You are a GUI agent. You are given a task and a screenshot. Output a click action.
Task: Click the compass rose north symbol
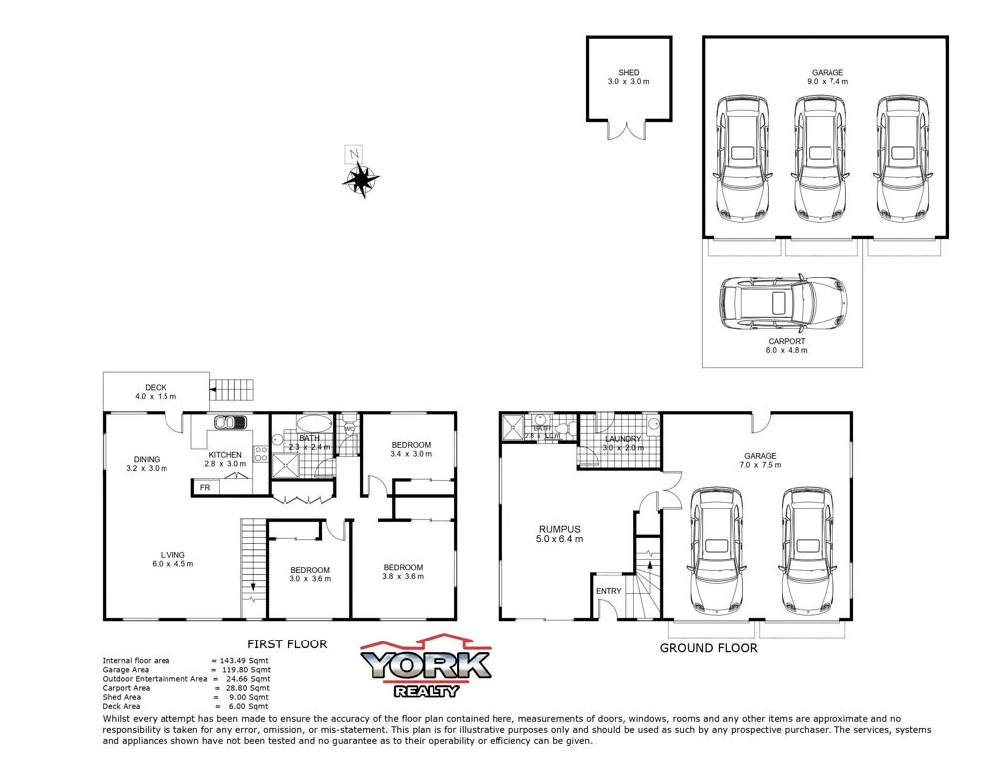[x=360, y=179]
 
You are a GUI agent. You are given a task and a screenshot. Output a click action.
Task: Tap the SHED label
[x=628, y=73]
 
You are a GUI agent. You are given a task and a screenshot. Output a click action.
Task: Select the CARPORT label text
[x=786, y=341]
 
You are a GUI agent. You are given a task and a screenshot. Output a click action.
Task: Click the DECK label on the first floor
[x=155, y=387]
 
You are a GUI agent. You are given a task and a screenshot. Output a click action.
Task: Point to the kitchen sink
[x=232, y=423]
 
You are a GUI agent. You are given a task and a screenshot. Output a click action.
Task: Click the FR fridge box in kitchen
[x=205, y=487]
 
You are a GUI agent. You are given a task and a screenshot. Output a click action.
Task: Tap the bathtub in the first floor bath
[x=309, y=422]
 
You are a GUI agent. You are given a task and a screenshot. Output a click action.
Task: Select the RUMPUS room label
[x=560, y=529]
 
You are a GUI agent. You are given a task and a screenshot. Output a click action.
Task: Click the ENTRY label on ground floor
[x=608, y=591]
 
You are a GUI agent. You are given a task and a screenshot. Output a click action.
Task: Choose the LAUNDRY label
[x=623, y=439]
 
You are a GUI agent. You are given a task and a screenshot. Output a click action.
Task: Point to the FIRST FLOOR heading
[x=286, y=644]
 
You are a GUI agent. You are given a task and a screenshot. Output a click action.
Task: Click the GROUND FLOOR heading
[x=708, y=648]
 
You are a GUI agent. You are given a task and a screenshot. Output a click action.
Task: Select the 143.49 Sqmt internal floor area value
[x=244, y=661]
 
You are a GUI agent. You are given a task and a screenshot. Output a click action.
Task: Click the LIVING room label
[x=172, y=555]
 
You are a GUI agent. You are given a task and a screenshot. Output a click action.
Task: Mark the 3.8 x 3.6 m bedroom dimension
[x=403, y=577]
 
